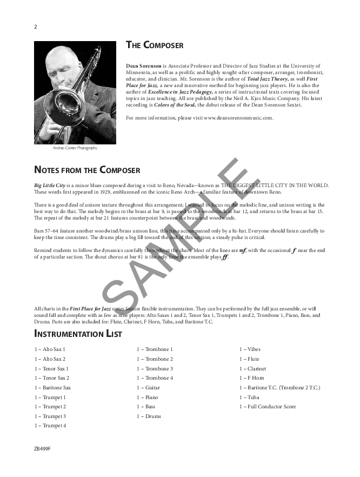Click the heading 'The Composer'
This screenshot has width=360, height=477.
point(155,45)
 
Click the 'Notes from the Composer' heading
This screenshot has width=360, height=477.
point(87,170)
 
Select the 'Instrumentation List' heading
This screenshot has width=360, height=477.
point(78,334)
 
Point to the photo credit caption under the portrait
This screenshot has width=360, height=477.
point(75,148)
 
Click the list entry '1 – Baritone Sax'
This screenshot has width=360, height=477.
point(53,387)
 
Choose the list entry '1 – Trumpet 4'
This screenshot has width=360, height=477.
point(50,426)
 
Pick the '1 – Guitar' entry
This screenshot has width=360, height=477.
point(148,387)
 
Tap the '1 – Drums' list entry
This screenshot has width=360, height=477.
point(149,416)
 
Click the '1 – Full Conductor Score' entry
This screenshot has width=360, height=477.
point(268,406)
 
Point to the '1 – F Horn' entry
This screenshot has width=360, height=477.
point(252,378)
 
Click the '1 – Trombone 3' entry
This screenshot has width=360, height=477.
point(155,368)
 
